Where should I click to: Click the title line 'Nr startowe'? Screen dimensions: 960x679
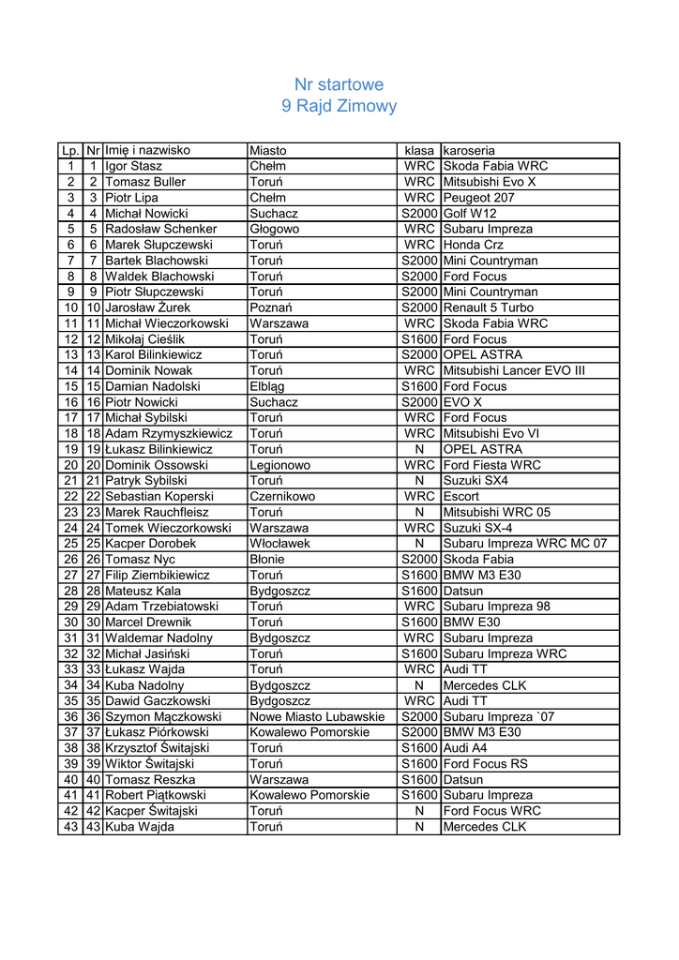(x=339, y=84)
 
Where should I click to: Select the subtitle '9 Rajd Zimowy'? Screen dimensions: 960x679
(x=339, y=106)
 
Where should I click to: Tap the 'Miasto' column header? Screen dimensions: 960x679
(x=268, y=150)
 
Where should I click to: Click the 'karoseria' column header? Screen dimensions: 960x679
(x=469, y=150)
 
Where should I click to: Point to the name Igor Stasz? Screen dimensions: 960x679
(x=133, y=166)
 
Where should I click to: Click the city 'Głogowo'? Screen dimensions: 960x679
(x=275, y=229)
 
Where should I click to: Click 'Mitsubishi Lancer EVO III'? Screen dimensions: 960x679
(x=514, y=370)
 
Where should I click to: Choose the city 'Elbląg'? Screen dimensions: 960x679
(x=269, y=386)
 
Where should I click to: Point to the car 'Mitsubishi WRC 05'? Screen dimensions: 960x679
(x=496, y=513)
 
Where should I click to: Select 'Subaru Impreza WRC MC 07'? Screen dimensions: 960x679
(x=524, y=544)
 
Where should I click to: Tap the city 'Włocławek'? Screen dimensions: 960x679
(x=279, y=544)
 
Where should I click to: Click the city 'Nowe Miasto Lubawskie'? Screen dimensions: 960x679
(x=317, y=717)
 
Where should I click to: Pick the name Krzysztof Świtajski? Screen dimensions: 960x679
(x=157, y=748)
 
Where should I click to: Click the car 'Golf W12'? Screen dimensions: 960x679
(x=470, y=214)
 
